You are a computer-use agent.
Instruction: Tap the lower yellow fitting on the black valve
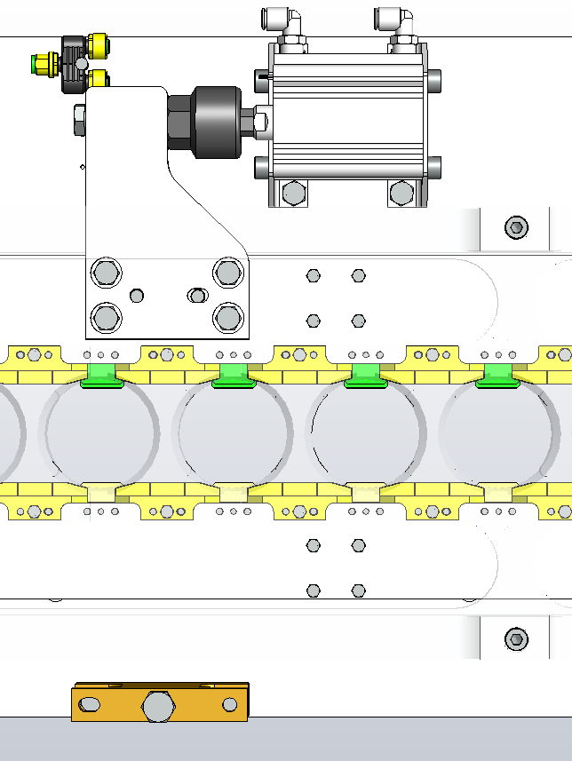[98, 79]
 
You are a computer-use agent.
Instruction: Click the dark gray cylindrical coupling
[204, 122]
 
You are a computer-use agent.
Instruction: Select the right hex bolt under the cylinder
[401, 192]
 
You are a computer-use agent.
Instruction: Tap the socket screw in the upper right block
[515, 228]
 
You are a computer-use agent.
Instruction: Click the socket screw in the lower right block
[515, 638]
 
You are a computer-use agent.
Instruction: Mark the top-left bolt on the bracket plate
[106, 273]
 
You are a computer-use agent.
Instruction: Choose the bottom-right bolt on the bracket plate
[227, 316]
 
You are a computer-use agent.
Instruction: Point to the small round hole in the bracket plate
[136, 295]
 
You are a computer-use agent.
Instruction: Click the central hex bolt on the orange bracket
[158, 706]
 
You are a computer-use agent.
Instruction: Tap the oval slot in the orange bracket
[91, 705]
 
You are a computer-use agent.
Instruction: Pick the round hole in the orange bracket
[230, 705]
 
